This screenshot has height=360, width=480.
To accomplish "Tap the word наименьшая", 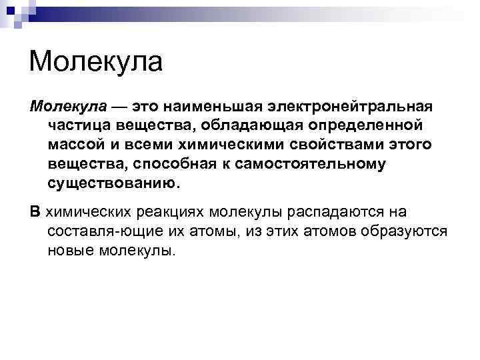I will [x=217, y=107].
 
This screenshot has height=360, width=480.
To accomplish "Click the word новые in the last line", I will [x=69, y=251].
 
